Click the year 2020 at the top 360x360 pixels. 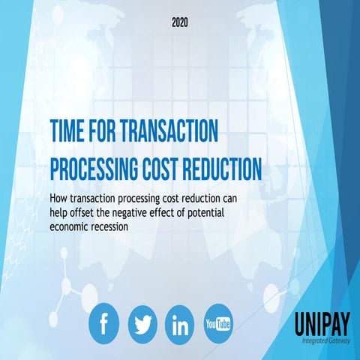click(179, 23)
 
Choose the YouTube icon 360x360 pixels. click(218, 323)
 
